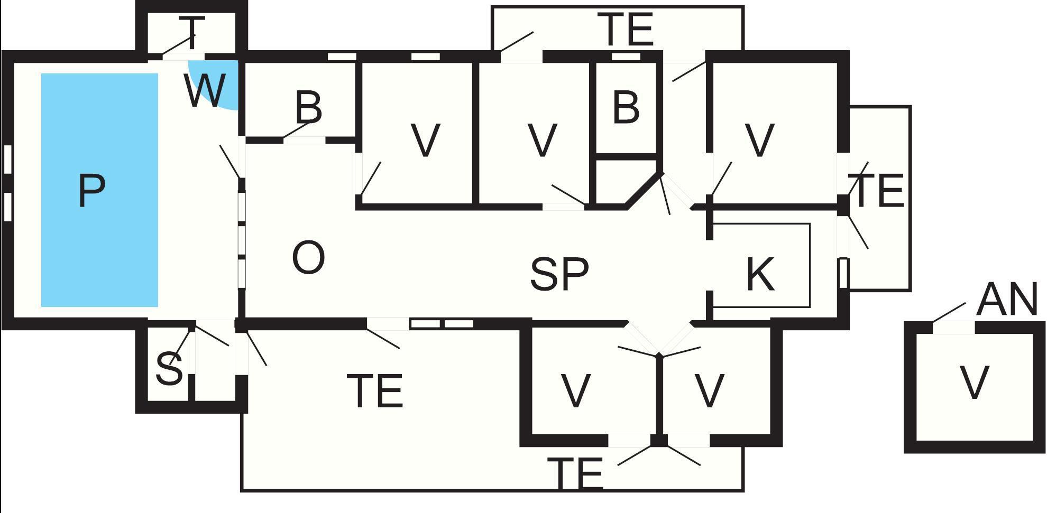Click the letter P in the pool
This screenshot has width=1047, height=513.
pyautogui.click(x=91, y=190)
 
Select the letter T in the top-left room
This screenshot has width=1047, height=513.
pyautogui.click(x=191, y=32)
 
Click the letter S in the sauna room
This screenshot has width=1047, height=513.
pyautogui.click(x=169, y=368)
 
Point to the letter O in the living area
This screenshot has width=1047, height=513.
pyautogui.click(x=308, y=257)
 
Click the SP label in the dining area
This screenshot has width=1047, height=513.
pyautogui.click(x=559, y=274)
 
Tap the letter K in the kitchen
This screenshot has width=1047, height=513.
pyautogui.click(x=760, y=274)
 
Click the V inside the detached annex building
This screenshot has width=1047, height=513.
pyautogui.click(x=974, y=382)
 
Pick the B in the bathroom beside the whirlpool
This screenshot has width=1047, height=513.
pyautogui.click(x=309, y=107)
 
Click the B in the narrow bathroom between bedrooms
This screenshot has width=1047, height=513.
pyautogui.click(x=626, y=108)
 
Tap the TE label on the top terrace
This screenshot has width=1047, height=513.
pyautogui.click(x=626, y=29)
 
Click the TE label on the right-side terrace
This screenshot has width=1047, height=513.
pyautogui.click(x=878, y=191)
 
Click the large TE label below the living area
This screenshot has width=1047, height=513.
pyautogui.click(x=376, y=391)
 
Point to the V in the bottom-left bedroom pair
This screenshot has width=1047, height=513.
pyautogui.click(x=575, y=390)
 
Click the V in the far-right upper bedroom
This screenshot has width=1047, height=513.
pyautogui.click(x=759, y=141)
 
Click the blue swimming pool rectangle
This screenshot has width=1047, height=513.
pyautogui.click(x=100, y=190)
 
